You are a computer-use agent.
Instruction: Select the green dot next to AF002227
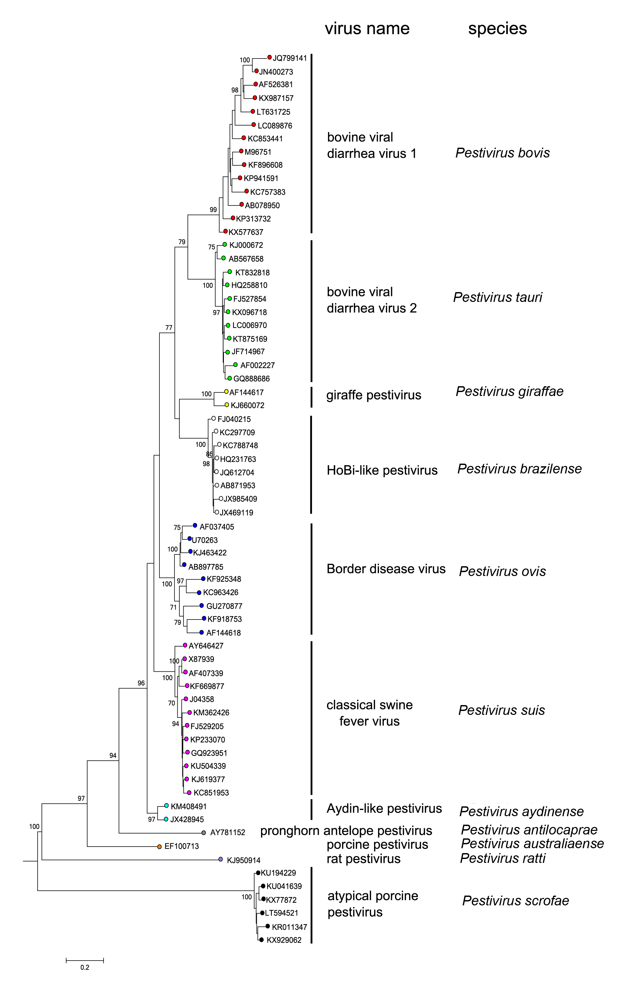click(236, 365)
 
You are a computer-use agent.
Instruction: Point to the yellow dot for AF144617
click(226, 391)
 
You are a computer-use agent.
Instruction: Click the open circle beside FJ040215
click(214, 418)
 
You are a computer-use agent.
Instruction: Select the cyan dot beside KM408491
click(166, 805)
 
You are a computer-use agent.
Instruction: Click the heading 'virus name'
click(367, 29)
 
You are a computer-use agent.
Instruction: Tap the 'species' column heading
click(497, 29)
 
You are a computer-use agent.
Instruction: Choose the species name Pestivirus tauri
click(497, 297)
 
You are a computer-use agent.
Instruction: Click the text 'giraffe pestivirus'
click(373, 395)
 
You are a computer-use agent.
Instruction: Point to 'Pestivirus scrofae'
click(515, 901)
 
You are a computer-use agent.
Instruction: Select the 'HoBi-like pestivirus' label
click(382, 470)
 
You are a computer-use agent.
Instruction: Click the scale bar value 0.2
click(85, 967)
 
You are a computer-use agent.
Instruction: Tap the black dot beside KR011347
click(268, 926)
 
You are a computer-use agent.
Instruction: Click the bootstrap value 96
click(141, 683)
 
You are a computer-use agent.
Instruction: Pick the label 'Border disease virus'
click(386, 569)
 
